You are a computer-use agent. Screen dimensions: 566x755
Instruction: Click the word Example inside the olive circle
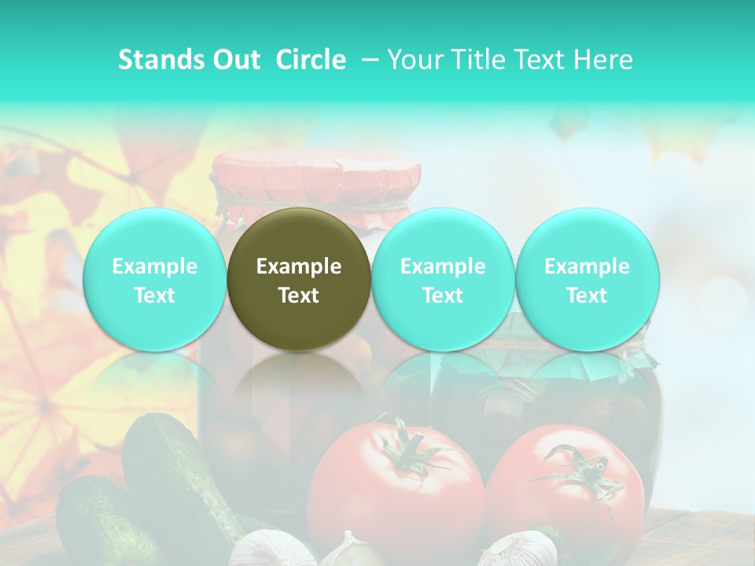(299, 266)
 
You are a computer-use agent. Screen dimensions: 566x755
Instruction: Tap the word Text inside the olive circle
(299, 296)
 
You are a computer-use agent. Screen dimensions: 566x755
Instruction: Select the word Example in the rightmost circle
(587, 266)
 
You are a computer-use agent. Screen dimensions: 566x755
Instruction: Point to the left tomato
(393, 487)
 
